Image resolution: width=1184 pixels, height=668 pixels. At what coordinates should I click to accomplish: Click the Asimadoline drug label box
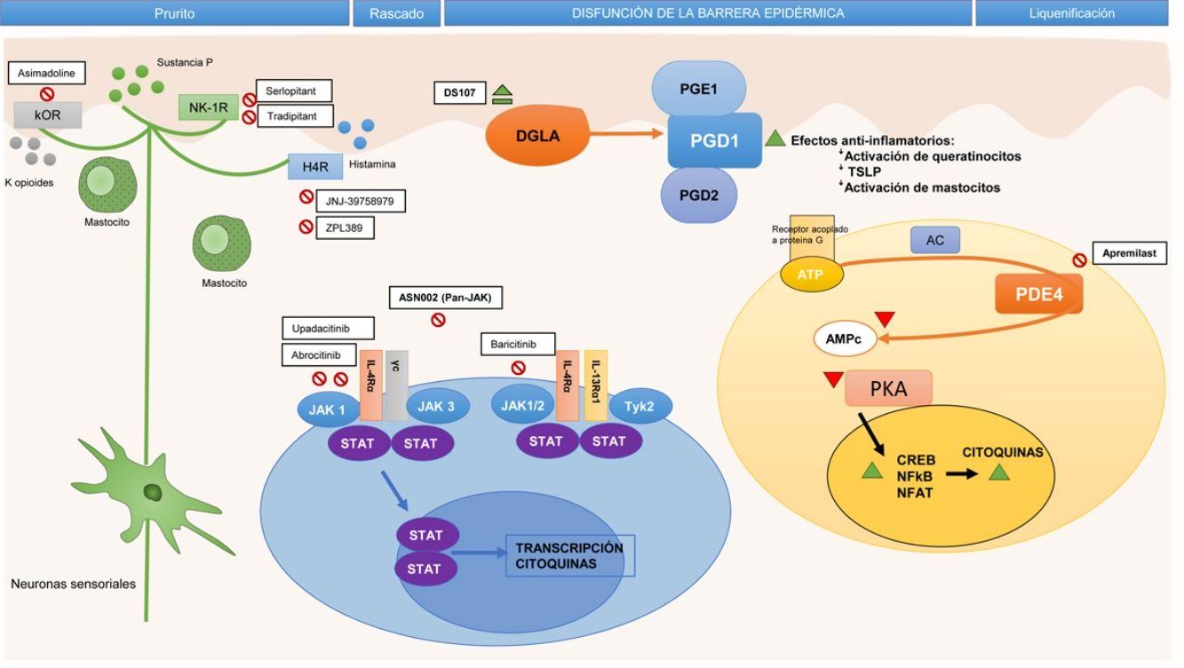pos(46,73)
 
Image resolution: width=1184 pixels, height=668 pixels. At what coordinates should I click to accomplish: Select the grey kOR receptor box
pos(48,115)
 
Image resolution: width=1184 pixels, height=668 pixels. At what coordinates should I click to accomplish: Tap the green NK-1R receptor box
pos(208,107)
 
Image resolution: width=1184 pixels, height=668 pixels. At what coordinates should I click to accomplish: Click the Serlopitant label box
pos(294,91)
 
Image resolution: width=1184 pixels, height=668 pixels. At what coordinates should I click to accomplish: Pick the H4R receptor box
pos(315,167)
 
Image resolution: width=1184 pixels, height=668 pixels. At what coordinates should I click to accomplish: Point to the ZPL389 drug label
pos(345,227)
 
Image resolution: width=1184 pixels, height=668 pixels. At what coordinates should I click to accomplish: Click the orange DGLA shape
pos(537,135)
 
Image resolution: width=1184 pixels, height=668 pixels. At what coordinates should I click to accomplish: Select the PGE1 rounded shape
pos(698,88)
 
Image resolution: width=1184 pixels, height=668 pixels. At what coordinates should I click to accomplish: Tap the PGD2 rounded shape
pos(698,195)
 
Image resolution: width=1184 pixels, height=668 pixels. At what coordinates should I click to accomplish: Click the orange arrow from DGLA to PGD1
pos(626,133)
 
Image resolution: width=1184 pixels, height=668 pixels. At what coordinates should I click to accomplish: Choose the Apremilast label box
pos(1129,253)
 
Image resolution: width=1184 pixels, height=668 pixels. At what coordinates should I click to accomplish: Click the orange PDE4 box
pos(1038,294)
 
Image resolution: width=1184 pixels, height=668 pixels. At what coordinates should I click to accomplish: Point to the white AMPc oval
pos(844,338)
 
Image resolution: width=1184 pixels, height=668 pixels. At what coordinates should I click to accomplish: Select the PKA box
pos(888,388)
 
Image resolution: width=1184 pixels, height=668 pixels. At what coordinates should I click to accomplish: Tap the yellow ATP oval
pos(811,274)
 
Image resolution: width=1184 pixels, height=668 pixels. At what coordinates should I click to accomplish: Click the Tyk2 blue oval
pos(640,407)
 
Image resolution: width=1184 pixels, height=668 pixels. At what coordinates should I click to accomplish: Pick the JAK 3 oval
pos(437,407)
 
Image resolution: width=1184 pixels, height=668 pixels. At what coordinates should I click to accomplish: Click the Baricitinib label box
pos(518,344)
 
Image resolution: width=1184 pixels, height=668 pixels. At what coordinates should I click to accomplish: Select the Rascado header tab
pos(396,13)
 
